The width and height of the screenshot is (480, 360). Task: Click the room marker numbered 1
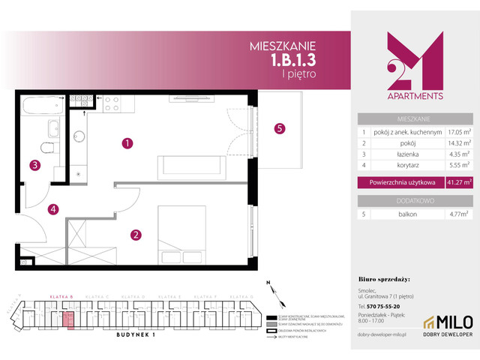(x=128, y=142)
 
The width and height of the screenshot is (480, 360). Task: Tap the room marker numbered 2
(x=136, y=235)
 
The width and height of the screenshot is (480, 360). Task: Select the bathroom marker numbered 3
(x=34, y=166)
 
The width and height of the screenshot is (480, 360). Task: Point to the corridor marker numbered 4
(x=53, y=209)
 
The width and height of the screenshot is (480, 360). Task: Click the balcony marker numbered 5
(x=279, y=128)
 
